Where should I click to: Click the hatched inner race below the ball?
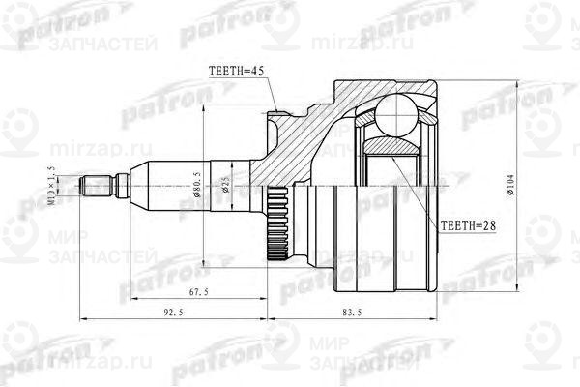coord(393,144)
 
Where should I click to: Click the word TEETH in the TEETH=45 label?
coord(225,71)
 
